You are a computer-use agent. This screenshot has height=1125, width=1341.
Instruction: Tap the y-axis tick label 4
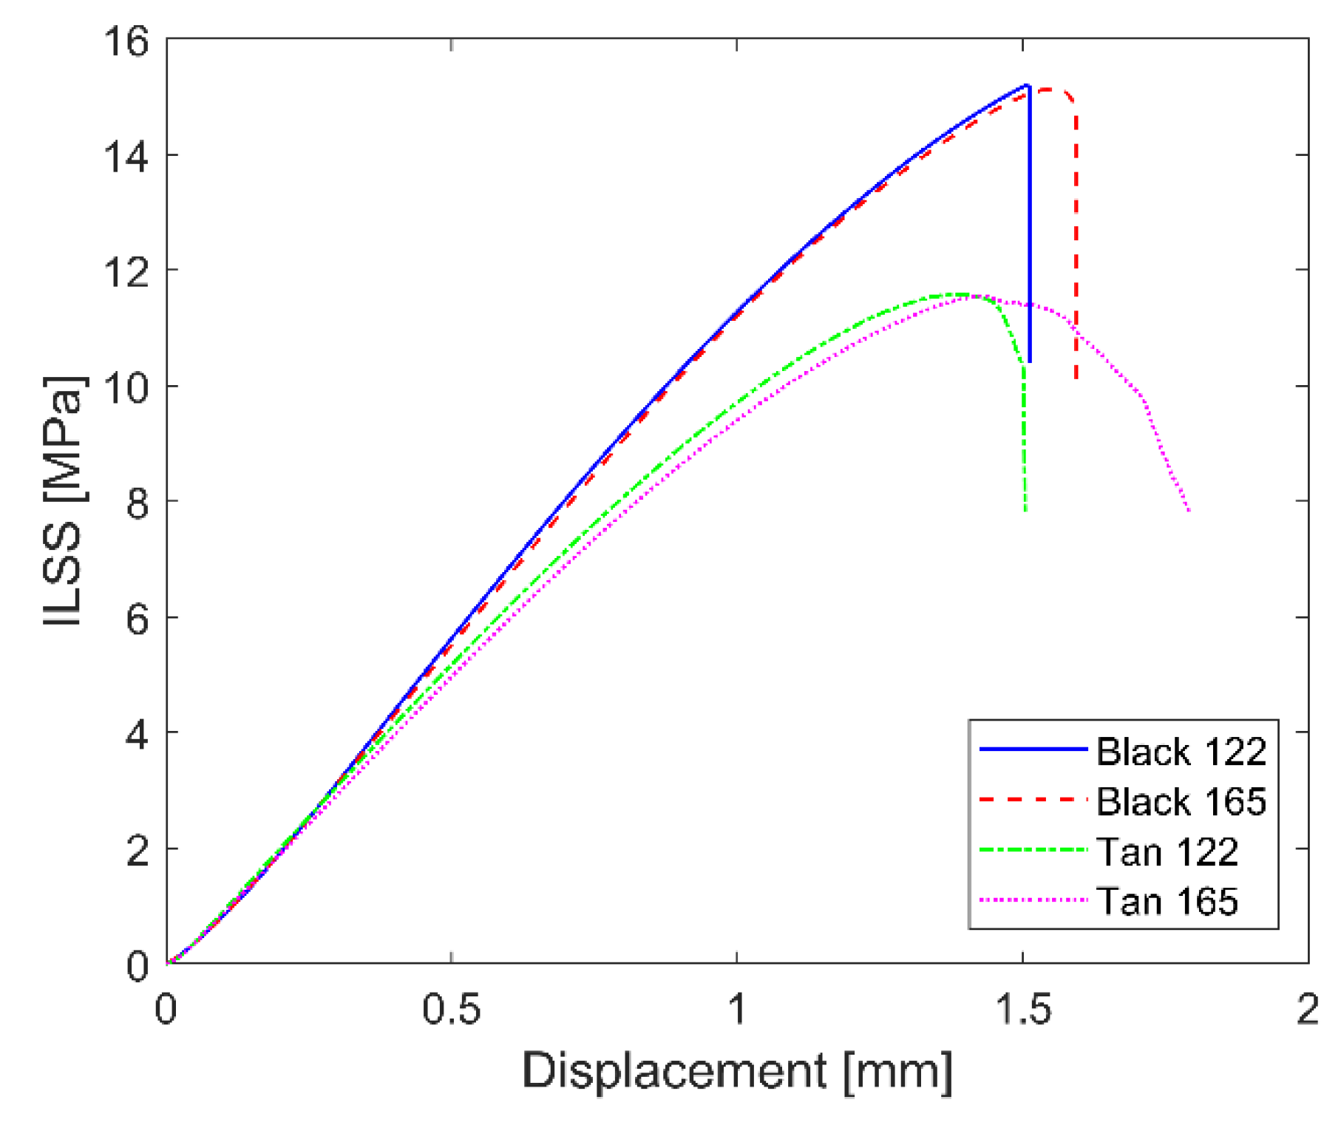[137, 734]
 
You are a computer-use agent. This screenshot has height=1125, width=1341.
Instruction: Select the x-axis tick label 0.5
[451, 1009]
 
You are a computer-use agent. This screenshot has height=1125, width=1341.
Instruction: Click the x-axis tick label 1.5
[1022, 1009]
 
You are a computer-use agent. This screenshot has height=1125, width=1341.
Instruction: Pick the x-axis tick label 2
[1307, 1009]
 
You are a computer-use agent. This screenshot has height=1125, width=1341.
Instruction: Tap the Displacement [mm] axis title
[737, 1070]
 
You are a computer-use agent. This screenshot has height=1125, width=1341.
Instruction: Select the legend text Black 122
[1181, 752]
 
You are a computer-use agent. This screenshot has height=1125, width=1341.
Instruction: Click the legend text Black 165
[1181, 801]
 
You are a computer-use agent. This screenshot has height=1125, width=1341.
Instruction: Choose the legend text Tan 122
[1167, 852]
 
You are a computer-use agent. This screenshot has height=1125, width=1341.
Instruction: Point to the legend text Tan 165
[1167, 902]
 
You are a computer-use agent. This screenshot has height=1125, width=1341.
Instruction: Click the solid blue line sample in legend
[1033, 750]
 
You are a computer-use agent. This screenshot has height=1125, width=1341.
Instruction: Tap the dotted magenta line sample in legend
[1033, 900]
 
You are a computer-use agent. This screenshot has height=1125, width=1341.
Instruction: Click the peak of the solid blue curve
[1028, 86]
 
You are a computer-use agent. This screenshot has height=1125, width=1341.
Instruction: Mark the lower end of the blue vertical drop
[1029, 361]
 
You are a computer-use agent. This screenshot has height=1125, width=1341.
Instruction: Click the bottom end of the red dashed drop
[1076, 378]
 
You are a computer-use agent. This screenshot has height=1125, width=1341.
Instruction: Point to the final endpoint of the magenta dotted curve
[1189, 511]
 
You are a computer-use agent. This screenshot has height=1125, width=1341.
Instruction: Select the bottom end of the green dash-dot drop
[1025, 511]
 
